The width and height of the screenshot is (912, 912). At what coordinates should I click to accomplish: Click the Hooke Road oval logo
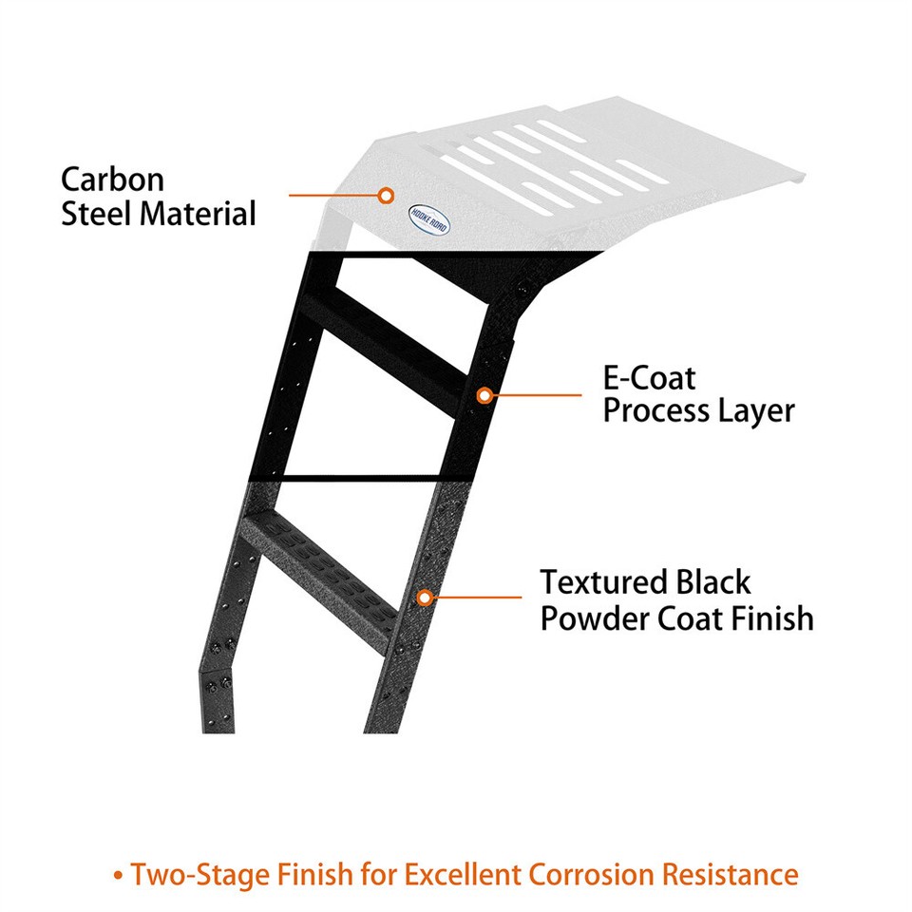(428, 219)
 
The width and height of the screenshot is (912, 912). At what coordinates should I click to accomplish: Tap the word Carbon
(112, 180)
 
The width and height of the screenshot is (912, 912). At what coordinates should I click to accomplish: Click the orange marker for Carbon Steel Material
(385, 196)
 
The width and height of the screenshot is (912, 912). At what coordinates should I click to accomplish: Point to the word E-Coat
(649, 378)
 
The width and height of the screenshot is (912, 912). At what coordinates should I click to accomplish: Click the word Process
(656, 411)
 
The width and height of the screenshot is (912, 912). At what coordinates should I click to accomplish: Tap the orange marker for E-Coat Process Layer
(484, 395)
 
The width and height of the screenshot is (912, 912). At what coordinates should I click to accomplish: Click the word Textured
(604, 582)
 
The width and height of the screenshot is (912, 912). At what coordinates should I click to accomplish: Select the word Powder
(594, 617)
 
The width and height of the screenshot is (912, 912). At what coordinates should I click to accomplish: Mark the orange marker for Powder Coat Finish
(426, 598)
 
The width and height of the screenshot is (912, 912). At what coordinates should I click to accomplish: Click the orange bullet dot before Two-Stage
(118, 875)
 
